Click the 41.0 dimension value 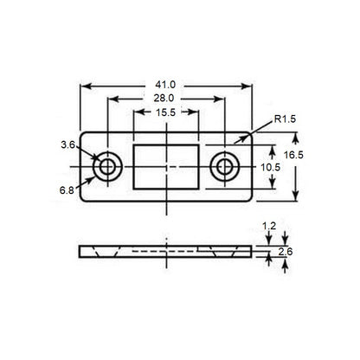165,85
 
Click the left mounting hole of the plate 108,164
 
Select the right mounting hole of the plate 225,164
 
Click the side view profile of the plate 166,251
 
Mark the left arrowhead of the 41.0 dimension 84,85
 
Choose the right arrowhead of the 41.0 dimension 250,85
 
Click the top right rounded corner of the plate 251,134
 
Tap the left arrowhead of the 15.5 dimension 135,114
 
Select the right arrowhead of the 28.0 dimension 222,100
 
